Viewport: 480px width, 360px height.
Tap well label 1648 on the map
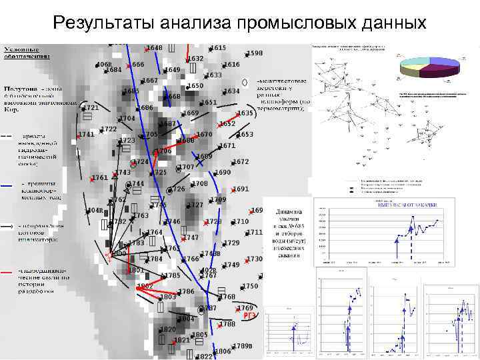coord(155,48)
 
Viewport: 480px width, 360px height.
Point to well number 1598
coord(255,53)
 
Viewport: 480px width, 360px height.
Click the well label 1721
coord(91,107)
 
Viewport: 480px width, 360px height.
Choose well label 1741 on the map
coord(86,135)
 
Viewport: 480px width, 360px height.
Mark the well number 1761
coord(100,177)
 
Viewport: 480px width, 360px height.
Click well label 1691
coord(241,189)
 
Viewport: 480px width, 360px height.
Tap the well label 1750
coord(250,286)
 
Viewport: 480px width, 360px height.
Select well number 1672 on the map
coord(241,162)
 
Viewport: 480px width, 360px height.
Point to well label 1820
coord(168,329)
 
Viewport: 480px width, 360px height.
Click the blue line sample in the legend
coord(9,185)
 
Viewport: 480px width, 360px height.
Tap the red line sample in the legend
coord(9,272)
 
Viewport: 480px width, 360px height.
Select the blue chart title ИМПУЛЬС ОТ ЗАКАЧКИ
coord(404,204)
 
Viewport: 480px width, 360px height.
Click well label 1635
coord(245,113)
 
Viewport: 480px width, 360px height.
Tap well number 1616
coord(232,65)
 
